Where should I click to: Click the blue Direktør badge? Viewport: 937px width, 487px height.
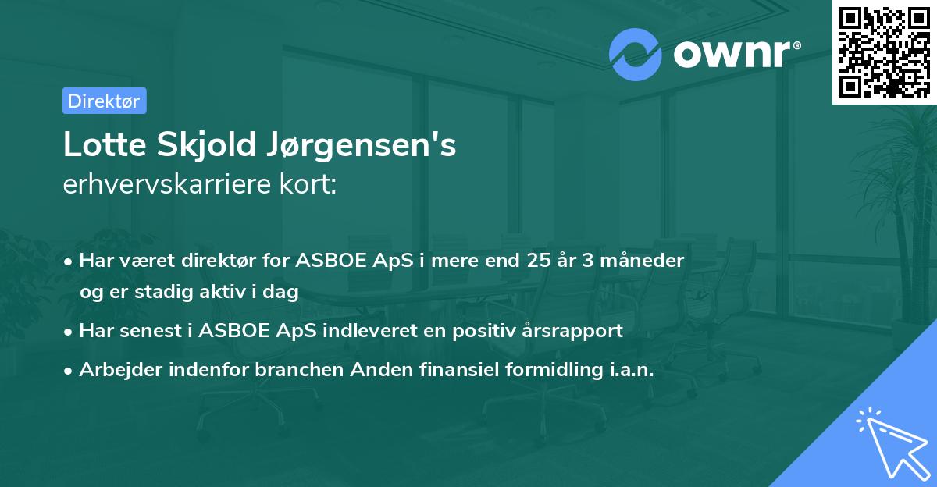pyautogui.click(x=104, y=101)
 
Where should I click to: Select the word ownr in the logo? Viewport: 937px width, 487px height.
pyautogui.click(x=732, y=55)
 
